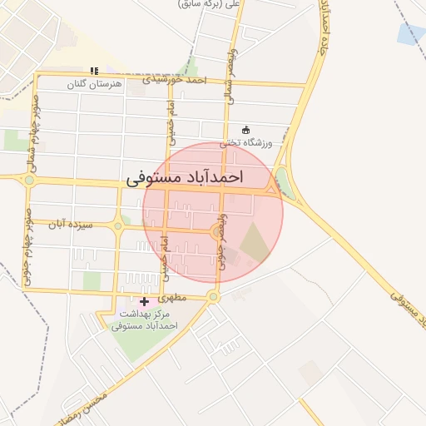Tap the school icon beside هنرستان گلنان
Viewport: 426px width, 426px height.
(93, 71)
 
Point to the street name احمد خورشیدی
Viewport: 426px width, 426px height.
(173, 81)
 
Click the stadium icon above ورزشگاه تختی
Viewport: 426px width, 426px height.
(245, 130)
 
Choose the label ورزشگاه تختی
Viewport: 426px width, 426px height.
(246, 143)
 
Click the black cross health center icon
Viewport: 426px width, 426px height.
(145, 300)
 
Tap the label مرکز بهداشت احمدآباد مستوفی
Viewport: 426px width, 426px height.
(145, 319)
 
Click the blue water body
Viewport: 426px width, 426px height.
(411, 34)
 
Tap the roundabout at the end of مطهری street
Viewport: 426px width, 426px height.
(213, 295)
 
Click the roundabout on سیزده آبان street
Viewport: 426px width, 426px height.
(118, 225)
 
